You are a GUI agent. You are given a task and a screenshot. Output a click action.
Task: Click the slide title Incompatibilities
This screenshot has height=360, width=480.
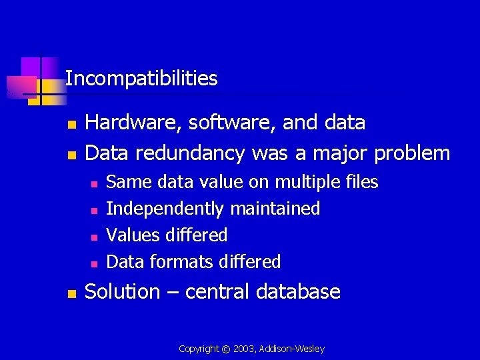point(141,79)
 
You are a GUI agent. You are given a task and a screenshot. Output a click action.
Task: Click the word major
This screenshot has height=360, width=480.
point(339,153)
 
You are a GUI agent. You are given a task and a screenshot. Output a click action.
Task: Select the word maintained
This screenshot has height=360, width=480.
point(275,209)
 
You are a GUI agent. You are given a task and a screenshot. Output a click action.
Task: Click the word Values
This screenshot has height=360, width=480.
point(129,235)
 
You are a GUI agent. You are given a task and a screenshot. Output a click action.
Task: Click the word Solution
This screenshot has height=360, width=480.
point(123,291)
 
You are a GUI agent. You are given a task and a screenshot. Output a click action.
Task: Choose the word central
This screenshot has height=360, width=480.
point(215,291)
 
